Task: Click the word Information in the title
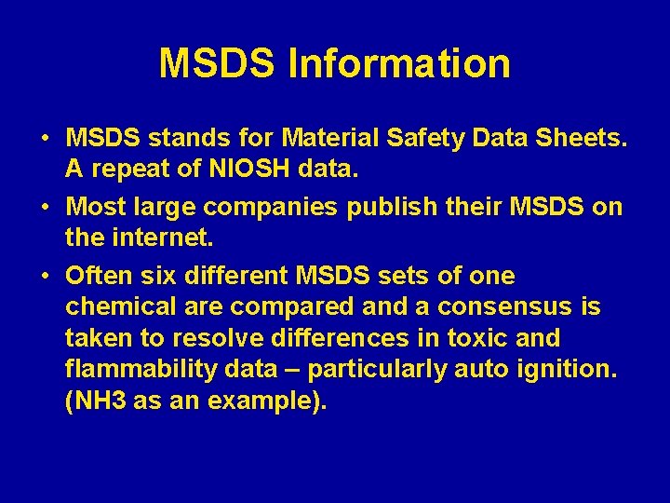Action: (x=399, y=63)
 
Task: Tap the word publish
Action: (x=391, y=207)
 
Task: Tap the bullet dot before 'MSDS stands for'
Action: (x=46, y=139)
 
